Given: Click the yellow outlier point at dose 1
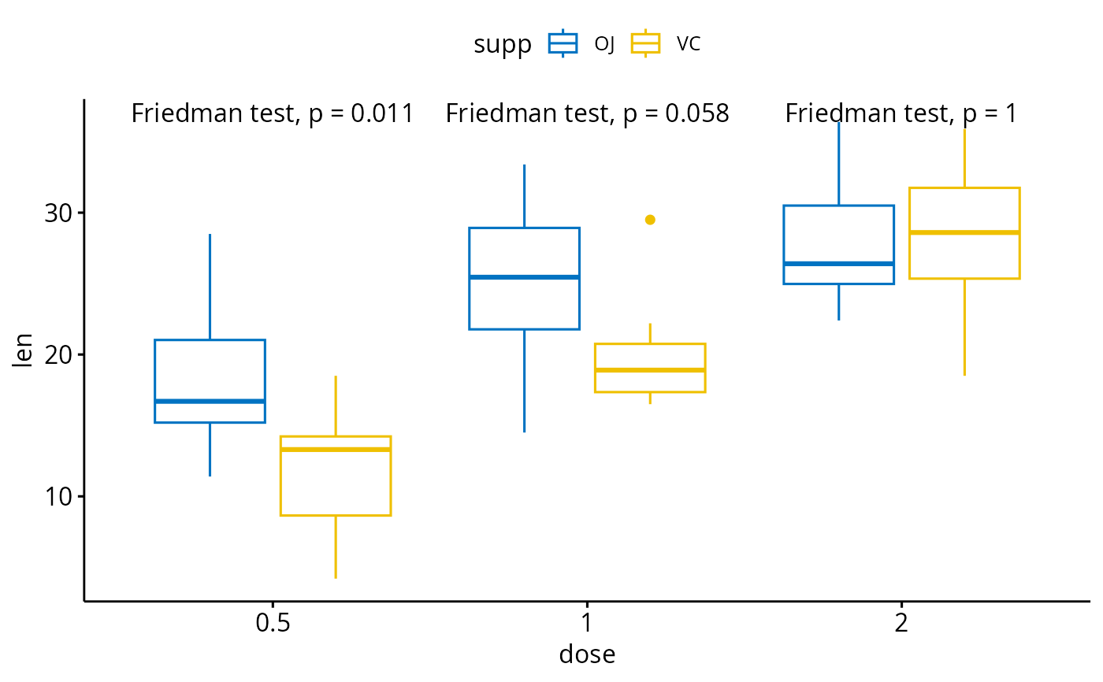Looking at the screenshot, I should [650, 220].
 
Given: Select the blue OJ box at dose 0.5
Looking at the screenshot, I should [210, 381].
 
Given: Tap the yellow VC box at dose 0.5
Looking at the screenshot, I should [336, 476].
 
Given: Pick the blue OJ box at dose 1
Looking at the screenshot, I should [524, 278].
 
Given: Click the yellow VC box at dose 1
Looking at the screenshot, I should [650, 368].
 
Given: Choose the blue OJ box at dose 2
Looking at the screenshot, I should [838, 244].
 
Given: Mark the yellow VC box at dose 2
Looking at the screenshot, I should [964, 233].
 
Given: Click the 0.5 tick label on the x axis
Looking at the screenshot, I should [272, 625].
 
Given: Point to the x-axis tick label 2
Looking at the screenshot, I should [901, 625].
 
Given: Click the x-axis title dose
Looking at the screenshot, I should [587, 654].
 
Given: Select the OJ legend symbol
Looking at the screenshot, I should [564, 44].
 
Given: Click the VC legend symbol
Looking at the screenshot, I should [646, 44].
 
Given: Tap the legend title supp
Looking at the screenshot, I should [502, 45].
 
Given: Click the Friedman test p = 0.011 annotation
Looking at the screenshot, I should [273, 114].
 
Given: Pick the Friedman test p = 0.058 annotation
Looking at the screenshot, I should [587, 114].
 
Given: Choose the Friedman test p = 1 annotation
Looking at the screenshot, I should [901, 114].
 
